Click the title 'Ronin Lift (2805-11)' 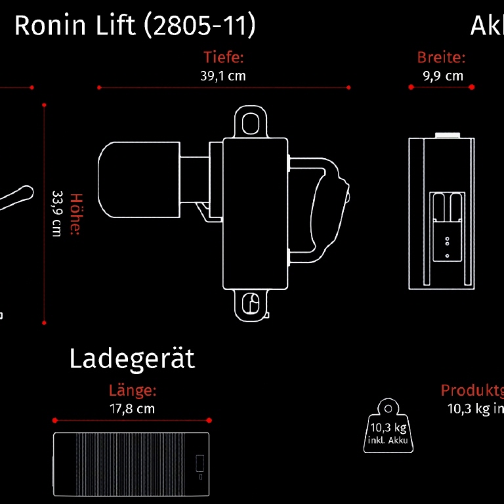click(x=135, y=26)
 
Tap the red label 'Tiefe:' click(x=223, y=57)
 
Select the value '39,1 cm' click(x=223, y=75)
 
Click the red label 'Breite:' click(x=442, y=57)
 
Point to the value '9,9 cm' click(x=443, y=75)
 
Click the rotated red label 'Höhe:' click(x=75, y=214)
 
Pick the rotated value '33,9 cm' click(x=57, y=214)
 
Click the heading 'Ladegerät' click(x=132, y=359)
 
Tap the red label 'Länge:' click(x=133, y=391)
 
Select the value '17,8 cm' click(x=133, y=408)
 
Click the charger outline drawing click(x=132, y=464)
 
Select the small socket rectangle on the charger click(x=199, y=463)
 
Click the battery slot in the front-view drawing click(x=447, y=225)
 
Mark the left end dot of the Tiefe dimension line click(x=98, y=87)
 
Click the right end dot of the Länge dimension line click(x=210, y=420)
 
